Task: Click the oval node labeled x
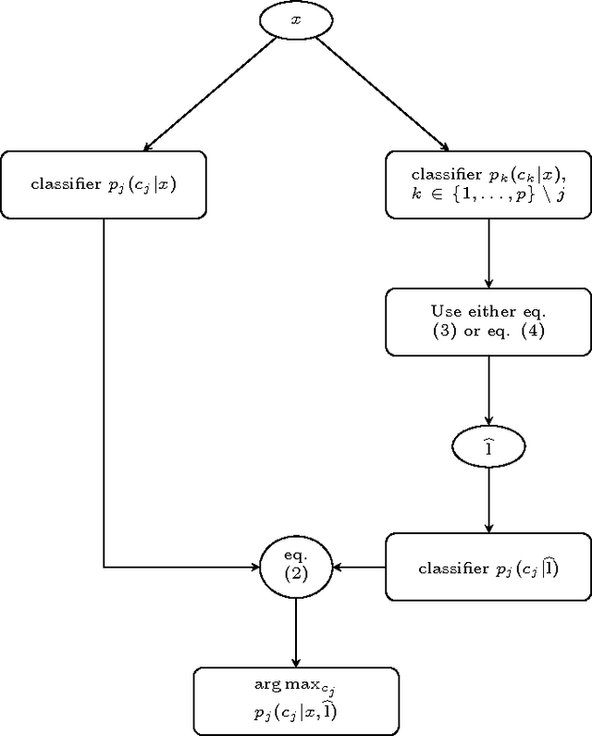tap(296, 19)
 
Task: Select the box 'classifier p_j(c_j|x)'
tap(103, 184)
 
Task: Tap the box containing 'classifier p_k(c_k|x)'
tap(487, 184)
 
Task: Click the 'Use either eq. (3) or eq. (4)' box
tap(487, 321)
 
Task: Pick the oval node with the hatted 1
tap(487, 447)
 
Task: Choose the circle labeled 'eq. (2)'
tap(296, 567)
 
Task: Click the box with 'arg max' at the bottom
tap(296, 702)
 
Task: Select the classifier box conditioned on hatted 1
tap(487, 567)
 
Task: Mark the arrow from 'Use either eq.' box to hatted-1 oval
tap(487, 393)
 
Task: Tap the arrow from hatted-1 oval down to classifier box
tap(487, 500)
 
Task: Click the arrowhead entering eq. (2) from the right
tap(338, 567)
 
